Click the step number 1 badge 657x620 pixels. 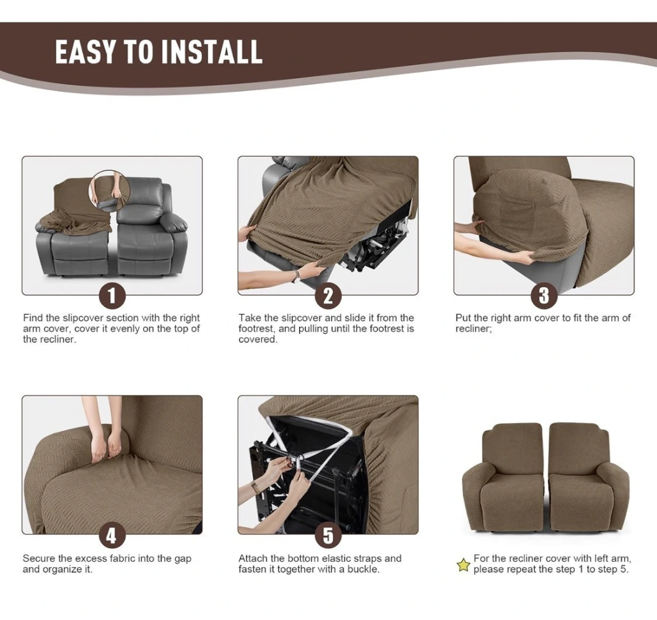[x=112, y=296]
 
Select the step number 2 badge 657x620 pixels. [x=328, y=296]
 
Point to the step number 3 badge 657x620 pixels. [x=544, y=296]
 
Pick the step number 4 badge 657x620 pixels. [x=112, y=535]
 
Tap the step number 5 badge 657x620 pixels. [x=328, y=535]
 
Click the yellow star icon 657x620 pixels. [x=463, y=565]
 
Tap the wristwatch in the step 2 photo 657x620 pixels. [x=298, y=276]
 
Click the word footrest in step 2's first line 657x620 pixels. [x=255, y=329]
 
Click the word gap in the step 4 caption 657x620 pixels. [x=183, y=559]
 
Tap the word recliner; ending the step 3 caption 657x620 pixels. [x=474, y=329]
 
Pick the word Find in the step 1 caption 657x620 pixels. [x=33, y=318]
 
